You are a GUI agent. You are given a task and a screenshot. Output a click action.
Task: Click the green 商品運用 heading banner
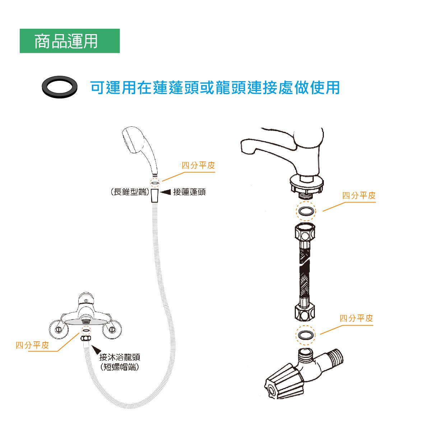[70, 41]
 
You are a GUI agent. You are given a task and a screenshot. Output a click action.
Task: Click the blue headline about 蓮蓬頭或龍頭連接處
[215, 88]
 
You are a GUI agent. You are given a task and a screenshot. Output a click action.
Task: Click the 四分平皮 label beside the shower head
[198, 165]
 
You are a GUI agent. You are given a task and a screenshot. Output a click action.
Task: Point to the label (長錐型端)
[130, 192]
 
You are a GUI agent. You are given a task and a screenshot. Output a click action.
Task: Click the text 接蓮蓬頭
[189, 192]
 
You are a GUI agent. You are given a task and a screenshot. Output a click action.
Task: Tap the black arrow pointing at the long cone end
[166, 192]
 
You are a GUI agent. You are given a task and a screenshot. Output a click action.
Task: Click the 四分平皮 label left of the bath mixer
[32, 345]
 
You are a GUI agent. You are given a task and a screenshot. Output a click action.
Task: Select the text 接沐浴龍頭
[120, 357]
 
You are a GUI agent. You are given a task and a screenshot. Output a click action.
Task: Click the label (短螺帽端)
[120, 367]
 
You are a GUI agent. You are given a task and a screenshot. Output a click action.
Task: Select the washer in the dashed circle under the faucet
[306, 211]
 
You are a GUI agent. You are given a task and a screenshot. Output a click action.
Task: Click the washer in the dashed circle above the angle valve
[305, 335]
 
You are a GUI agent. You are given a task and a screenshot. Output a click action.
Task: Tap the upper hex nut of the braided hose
[305, 232]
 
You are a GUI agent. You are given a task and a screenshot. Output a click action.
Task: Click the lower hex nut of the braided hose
[305, 313]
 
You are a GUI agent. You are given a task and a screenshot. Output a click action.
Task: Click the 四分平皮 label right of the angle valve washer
[357, 318]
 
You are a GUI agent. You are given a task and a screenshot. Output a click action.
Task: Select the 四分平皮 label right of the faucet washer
[359, 195]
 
